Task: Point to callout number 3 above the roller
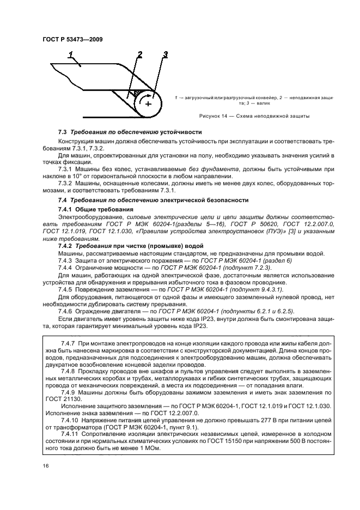[166, 53]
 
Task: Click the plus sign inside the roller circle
[148, 104]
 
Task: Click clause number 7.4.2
[66, 246]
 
